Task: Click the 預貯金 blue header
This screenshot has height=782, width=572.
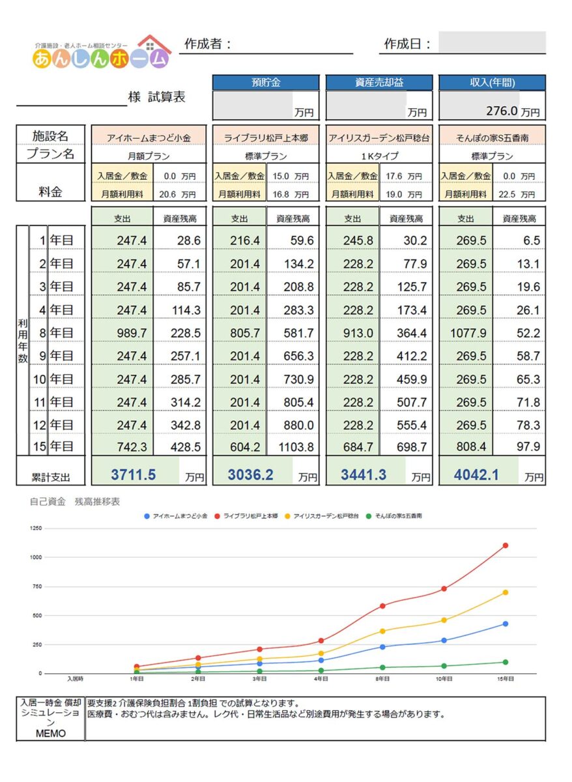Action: [x=265, y=83]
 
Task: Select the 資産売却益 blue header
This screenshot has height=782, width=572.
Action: [x=379, y=83]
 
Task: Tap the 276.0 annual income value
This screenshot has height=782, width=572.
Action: [x=501, y=111]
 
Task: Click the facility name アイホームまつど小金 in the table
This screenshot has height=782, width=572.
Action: [x=149, y=138]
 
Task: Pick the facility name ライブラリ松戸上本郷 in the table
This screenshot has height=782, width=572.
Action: [x=265, y=138]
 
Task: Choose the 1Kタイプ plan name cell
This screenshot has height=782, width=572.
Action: [x=379, y=156]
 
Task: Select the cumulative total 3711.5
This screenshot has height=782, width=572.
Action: [x=133, y=475]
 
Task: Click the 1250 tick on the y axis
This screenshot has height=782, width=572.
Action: [x=36, y=529]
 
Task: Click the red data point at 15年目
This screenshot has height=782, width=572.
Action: [x=505, y=545]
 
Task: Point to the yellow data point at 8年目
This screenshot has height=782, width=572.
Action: [x=382, y=631]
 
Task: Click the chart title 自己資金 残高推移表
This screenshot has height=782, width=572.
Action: [x=75, y=502]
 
